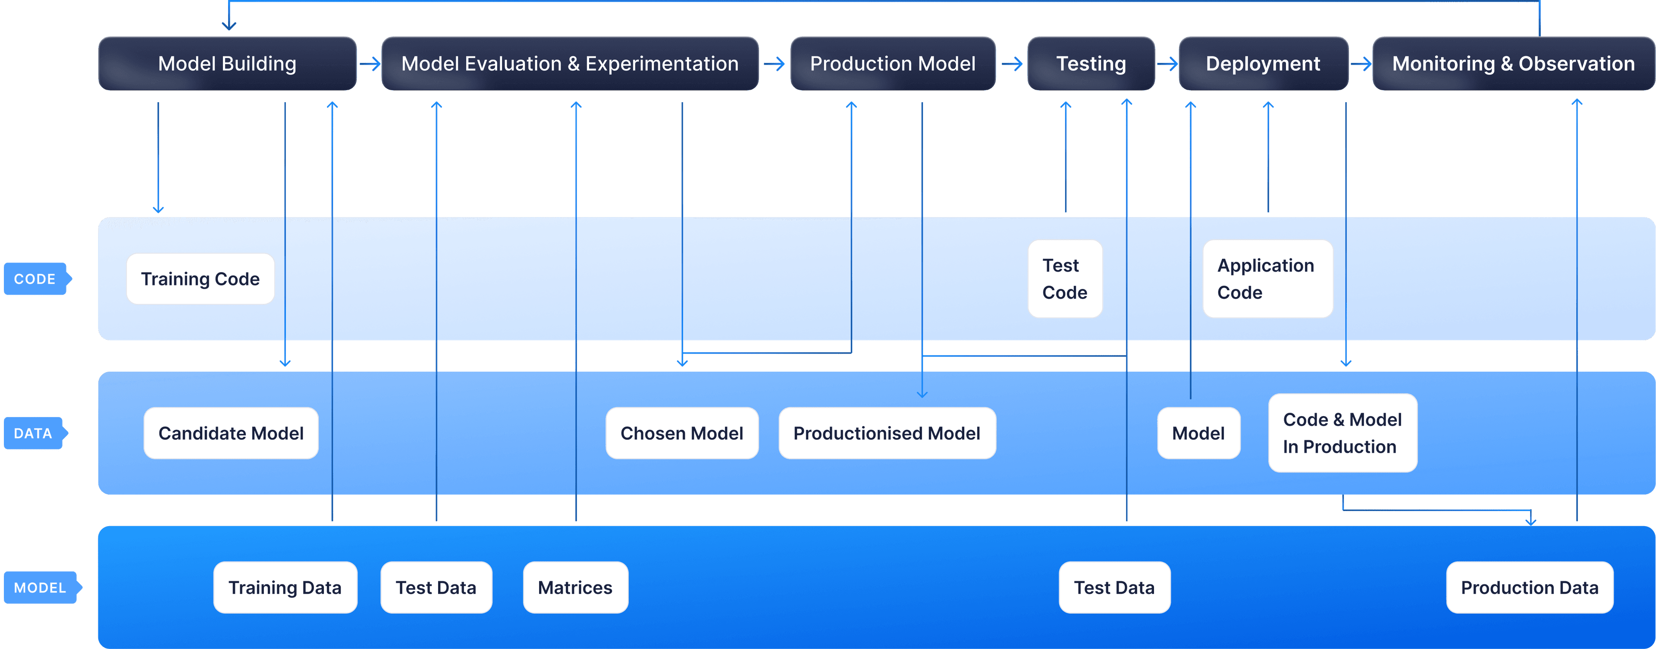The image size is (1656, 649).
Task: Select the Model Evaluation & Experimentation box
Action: (x=570, y=64)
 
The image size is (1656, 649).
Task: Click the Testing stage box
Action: (x=1091, y=64)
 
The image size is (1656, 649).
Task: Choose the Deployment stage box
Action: (x=1263, y=64)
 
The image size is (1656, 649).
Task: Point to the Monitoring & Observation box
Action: (x=1513, y=64)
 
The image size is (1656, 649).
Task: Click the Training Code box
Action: (x=200, y=279)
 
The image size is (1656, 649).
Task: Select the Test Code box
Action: (x=1065, y=279)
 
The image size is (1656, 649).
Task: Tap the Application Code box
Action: (x=1267, y=279)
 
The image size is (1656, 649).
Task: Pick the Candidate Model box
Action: (x=231, y=433)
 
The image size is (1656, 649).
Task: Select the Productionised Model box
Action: (x=887, y=433)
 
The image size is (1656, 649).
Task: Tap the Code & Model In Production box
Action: (x=1342, y=433)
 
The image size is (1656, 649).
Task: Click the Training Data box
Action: (x=285, y=587)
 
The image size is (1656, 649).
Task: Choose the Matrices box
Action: (x=575, y=587)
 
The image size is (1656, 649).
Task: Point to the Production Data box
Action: (x=1529, y=587)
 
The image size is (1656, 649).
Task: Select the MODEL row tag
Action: (x=40, y=587)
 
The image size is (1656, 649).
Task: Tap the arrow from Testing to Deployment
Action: (x=1167, y=64)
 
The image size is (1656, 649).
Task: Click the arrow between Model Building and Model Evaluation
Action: (x=370, y=64)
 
